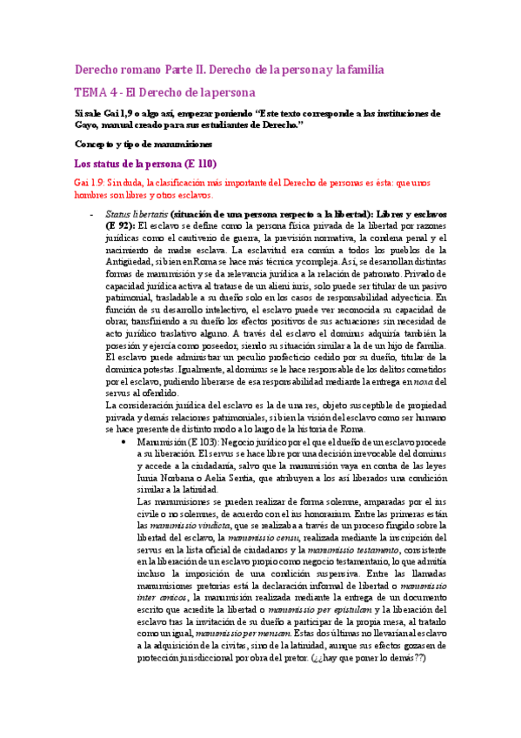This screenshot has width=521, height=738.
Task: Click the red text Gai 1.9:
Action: coord(90,183)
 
